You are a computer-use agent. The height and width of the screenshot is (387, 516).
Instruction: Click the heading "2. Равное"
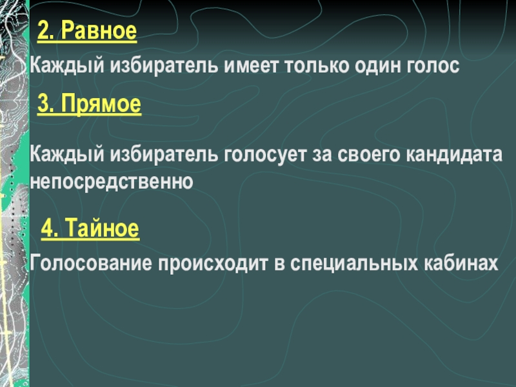(x=87, y=31)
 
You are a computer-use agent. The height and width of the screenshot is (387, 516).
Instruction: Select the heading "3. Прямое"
(x=89, y=104)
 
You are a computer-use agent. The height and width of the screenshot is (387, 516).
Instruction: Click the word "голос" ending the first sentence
(x=435, y=66)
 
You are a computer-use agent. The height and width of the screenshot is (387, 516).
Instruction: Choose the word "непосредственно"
(x=112, y=182)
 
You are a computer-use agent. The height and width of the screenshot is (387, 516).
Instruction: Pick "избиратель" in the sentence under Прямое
(x=164, y=156)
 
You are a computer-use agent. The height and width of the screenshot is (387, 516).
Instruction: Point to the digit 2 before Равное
(x=43, y=31)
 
